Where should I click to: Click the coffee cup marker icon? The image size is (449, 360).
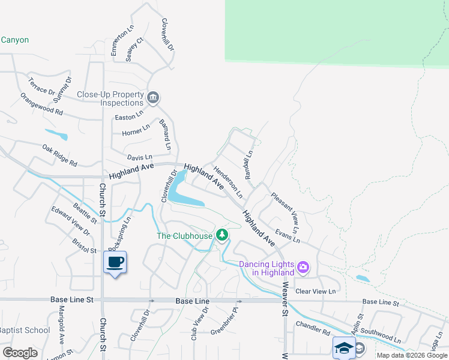click(x=115, y=262)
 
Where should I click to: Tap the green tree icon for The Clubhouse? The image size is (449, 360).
click(x=222, y=235)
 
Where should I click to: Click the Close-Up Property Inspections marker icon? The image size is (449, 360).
click(x=153, y=98)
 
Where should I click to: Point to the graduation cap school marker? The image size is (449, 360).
click(x=344, y=347)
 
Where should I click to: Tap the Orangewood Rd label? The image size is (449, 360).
click(x=41, y=104)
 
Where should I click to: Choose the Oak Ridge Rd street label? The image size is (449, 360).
click(x=59, y=155)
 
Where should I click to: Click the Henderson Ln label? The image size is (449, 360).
click(x=228, y=182)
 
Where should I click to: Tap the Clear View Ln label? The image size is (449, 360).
click(x=315, y=291)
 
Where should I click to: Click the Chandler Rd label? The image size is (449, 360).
click(x=313, y=328)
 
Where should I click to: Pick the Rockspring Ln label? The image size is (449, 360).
click(x=119, y=235)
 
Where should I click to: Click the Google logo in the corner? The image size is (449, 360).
click(x=20, y=353)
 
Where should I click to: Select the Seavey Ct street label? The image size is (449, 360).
click(x=135, y=49)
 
